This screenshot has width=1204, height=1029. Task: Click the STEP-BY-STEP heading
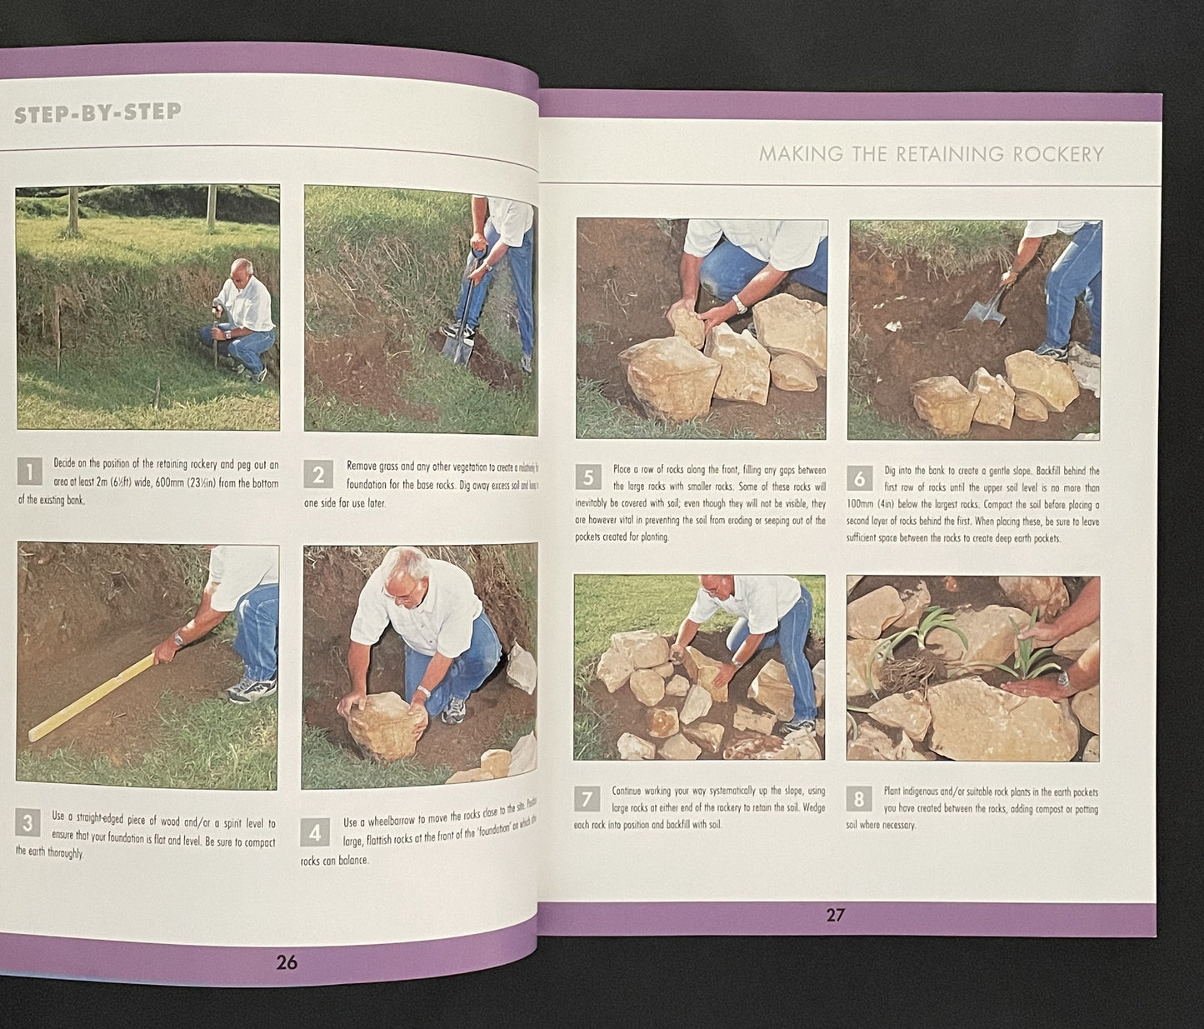click(97, 113)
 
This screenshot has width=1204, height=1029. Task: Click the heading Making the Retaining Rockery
click(931, 154)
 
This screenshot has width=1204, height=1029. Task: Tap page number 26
click(286, 962)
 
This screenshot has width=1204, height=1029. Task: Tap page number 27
click(835, 915)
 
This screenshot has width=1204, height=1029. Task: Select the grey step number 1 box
click(29, 472)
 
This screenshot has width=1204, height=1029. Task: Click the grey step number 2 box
click(317, 475)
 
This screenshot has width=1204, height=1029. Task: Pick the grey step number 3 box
click(28, 823)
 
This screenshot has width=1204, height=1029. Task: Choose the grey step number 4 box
click(315, 832)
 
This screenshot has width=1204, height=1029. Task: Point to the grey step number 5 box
click(588, 477)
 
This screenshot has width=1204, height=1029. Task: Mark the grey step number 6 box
click(860, 478)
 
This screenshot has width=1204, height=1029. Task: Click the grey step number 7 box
click(587, 799)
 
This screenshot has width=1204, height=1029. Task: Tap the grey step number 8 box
click(859, 800)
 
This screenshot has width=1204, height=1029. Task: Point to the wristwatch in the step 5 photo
click(739, 304)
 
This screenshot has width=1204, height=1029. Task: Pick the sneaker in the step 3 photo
click(251, 688)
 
